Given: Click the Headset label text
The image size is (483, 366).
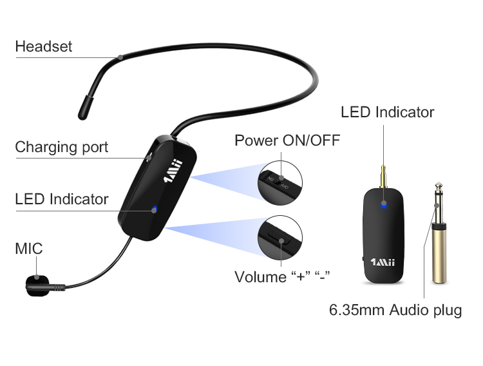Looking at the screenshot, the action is pyautogui.click(x=43, y=46).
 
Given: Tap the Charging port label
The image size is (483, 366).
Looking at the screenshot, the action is pyautogui.click(x=62, y=147).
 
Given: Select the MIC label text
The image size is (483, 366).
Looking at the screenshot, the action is pyautogui.click(x=29, y=249).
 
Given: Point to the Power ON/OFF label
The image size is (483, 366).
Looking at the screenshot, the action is pyautogui.click(x=287, y=140).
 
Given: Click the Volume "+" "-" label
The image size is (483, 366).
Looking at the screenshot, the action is pyautogui.click(x=282, y=276).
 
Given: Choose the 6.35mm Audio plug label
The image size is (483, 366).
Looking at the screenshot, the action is pyautogui.click(x=395, y=310).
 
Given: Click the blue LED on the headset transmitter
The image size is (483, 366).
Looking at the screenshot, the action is pyautogui.click(x=155, y=209).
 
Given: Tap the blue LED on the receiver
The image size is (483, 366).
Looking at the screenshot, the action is pyautogui.click(x=384, y=204).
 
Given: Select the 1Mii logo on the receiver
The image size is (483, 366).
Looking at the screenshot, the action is pyautogui.click(x=383, y=262).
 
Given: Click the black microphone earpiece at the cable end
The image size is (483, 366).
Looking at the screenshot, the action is pyautogui.click(x=37, y=285).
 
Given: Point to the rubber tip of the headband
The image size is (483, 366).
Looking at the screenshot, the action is pyautogui.click(x=85, y=108).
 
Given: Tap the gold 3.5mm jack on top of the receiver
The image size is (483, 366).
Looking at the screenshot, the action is pyautogui.click(x=384, y=177).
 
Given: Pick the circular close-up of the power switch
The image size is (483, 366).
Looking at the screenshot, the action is pyautogui.click(x=280, y=182).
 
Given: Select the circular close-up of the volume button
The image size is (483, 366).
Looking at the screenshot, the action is pyautogui.click(x=280, y=238).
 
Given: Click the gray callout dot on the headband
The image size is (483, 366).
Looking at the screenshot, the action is pyautogui.click(x=120, y=57).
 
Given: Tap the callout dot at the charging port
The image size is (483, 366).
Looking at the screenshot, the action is pyautogui.click(x=149, y=158).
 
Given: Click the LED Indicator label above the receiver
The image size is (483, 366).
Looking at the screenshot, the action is pyautogui.click(x=388, y=112).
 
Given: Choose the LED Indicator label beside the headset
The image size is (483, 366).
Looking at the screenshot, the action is pyautogui.click(x=62, y=199).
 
